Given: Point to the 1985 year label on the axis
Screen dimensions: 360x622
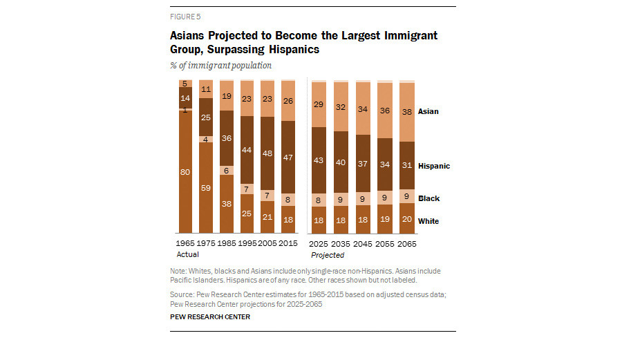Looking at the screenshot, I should (227, 244).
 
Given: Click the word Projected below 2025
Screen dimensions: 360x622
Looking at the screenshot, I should (328, 254).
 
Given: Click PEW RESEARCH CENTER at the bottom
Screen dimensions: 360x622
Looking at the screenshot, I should (210, 316).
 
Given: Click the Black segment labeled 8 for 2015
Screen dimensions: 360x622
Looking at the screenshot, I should (289, 198).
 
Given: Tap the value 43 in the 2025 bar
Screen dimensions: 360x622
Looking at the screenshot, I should (319, 160).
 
